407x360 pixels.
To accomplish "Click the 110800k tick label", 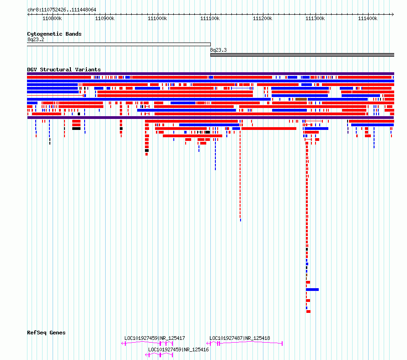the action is [x=52, y=18].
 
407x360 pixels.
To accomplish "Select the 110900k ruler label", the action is [x=105, y=18].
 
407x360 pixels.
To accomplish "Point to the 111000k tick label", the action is [x=157, y=18].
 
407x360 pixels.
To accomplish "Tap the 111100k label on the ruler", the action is [x=210, y=18].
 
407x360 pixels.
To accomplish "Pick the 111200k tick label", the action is [x=262, y=18].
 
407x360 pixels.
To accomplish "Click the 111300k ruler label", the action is [x=315, y=18].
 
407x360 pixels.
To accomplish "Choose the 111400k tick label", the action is [x=368, y=18].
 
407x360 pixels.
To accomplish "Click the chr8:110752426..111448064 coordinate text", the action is [x=62, y=10].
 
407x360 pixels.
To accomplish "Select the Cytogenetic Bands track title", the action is [x=54, y=34].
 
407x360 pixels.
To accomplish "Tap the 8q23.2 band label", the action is [x=36, y=39].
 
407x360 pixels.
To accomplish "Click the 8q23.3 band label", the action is [x=218, y=50].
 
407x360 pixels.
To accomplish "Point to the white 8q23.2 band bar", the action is [x=119, y=44].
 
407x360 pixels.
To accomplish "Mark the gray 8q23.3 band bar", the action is [x=302, y=55].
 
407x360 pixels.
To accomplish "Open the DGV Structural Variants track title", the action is [x=64, y=70].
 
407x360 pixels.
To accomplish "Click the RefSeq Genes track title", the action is [x=46, y=333].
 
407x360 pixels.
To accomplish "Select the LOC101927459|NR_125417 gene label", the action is [x=155, y=338].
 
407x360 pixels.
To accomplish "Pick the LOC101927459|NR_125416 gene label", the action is [x=178, y=349].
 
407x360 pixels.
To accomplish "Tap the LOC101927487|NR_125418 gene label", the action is [x=240, y=338].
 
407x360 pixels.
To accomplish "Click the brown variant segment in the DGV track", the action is [x=301, y=99].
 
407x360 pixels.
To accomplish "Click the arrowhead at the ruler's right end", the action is [x=393, y=14].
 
